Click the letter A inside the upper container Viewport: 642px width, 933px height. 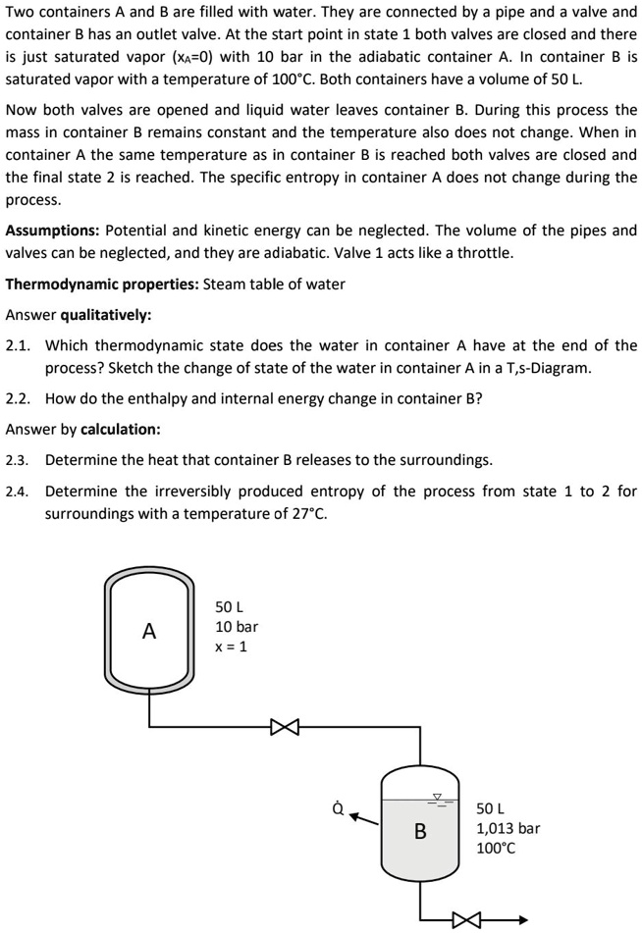149,632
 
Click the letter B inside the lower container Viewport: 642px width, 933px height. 420,832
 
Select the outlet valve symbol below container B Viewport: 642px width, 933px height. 466,919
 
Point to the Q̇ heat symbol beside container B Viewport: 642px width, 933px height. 338,807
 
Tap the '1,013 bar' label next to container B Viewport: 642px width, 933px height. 508,828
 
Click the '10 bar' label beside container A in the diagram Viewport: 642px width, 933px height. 237,626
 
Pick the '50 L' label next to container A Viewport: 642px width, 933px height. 232,605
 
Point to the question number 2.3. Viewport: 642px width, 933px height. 18,460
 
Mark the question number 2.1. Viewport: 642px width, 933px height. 18,345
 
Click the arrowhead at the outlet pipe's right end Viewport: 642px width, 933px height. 522,919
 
